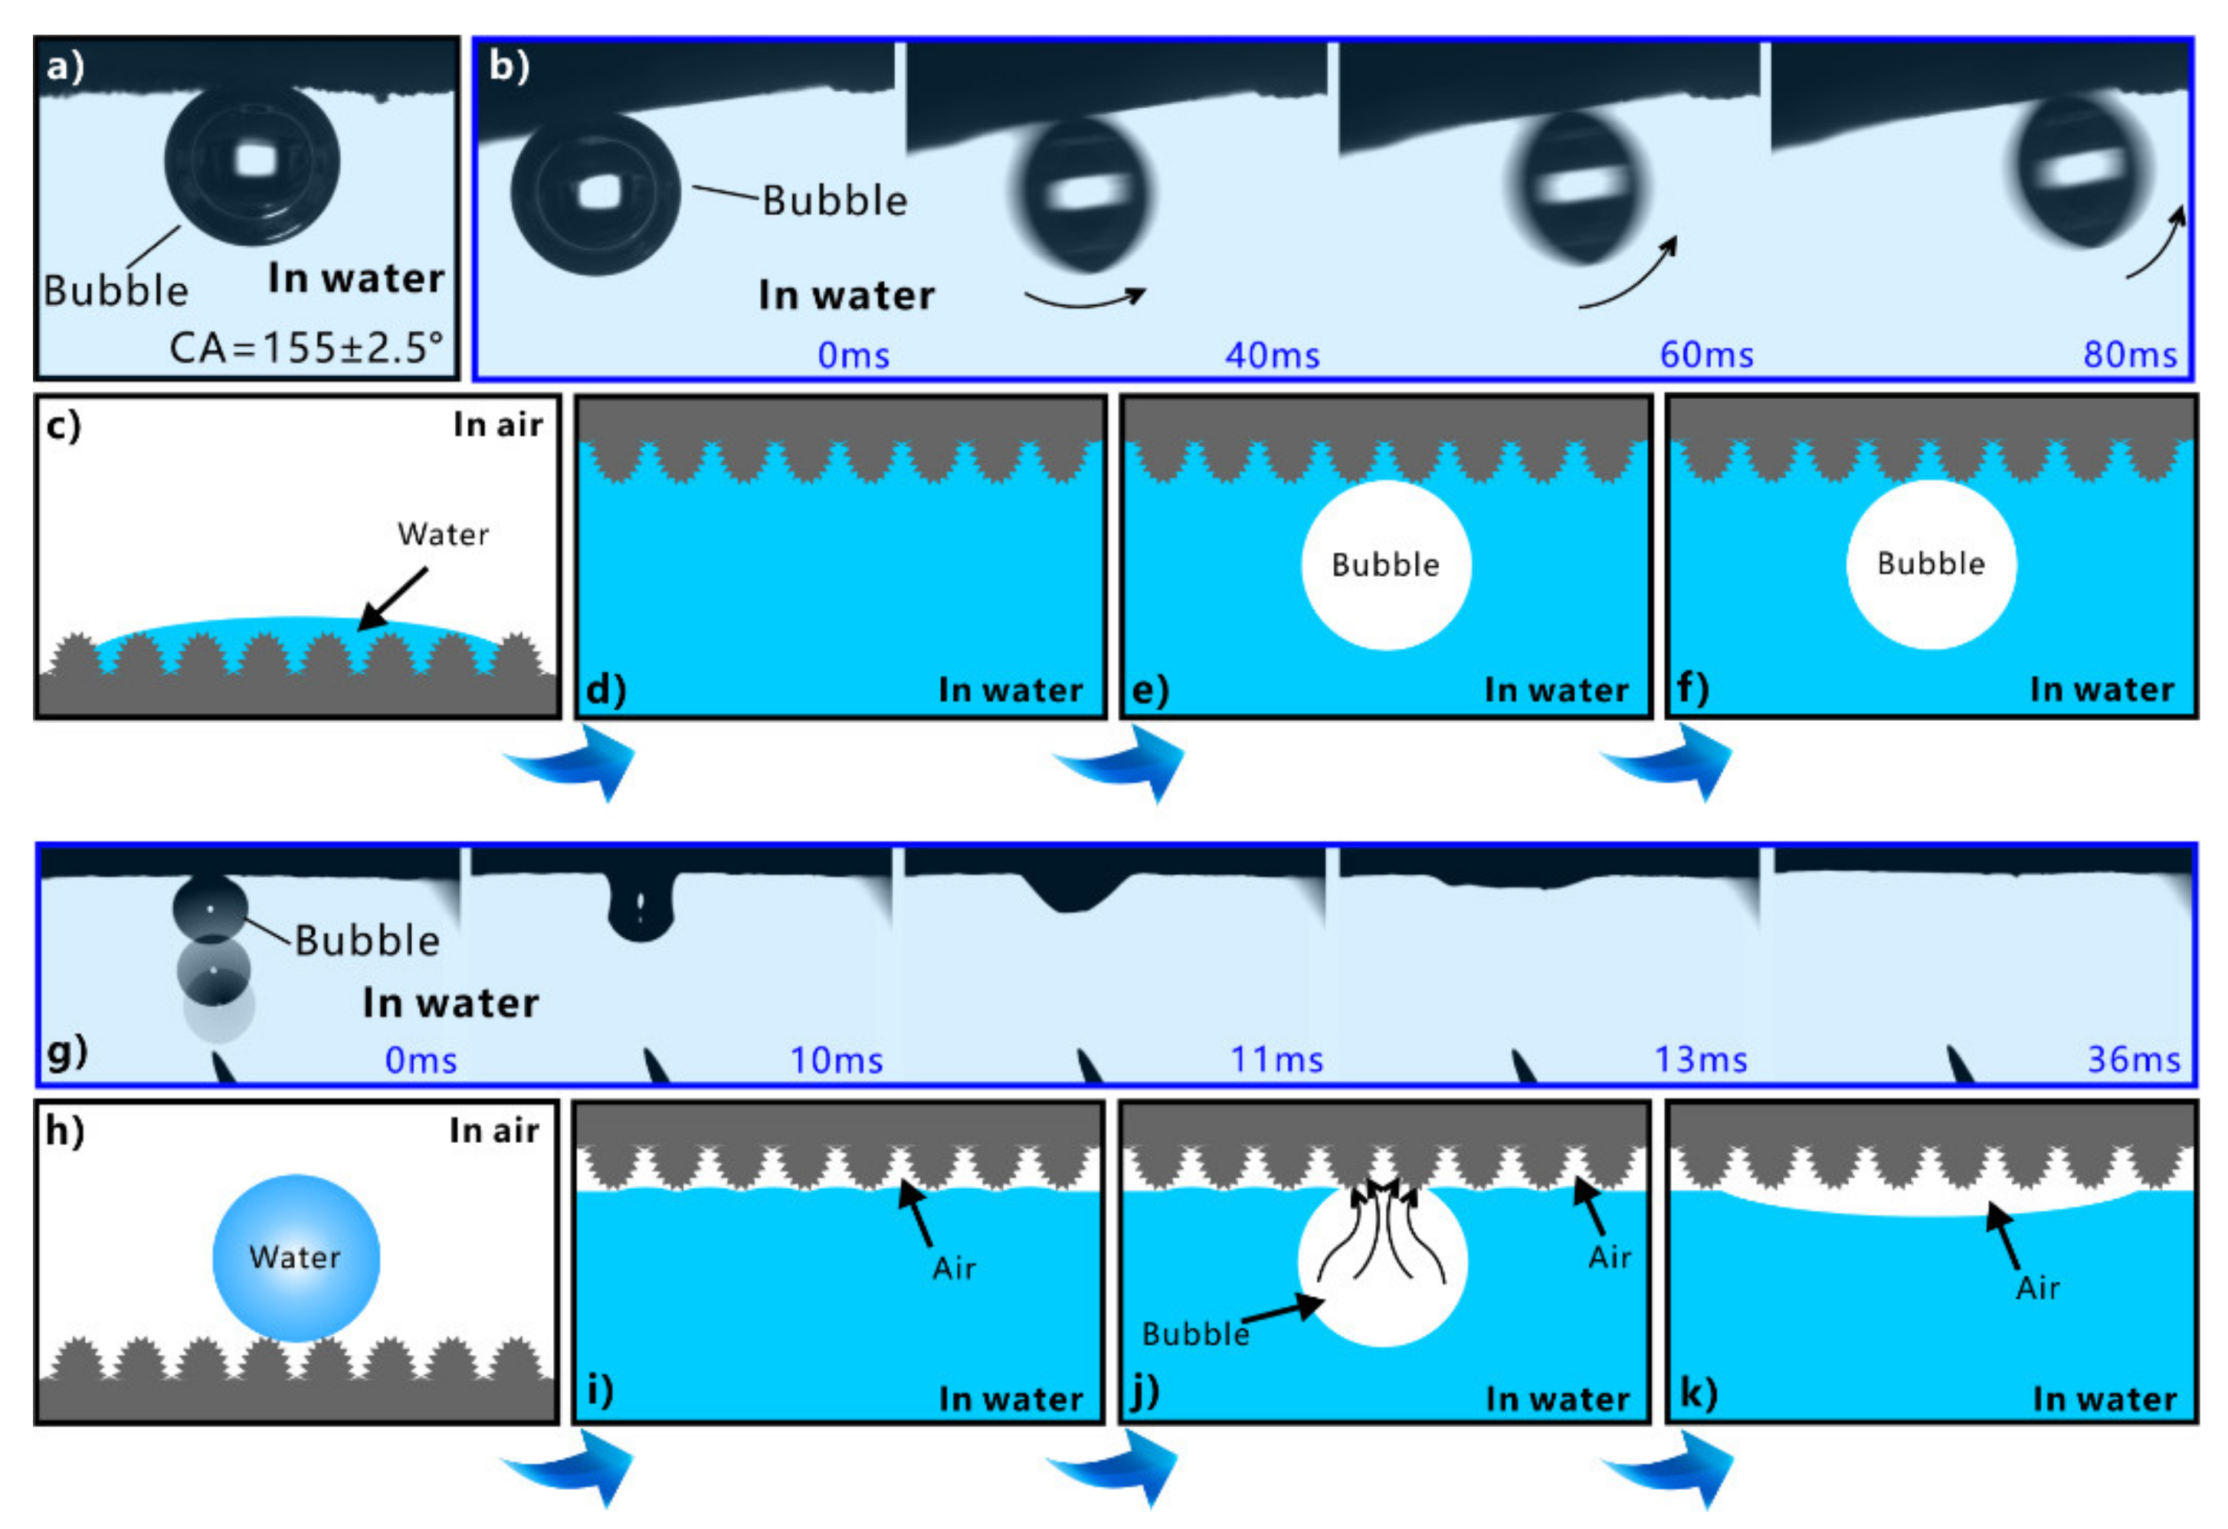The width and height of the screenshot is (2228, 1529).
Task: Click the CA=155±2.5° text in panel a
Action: pos(306,348)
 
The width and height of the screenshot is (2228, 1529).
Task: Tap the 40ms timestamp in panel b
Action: pos(1272,355)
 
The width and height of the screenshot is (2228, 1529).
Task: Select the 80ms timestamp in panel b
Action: pos(2130,355)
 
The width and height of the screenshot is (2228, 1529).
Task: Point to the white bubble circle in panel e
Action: pos(1385,565)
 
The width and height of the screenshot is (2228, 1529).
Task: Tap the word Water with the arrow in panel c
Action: pos(443,534)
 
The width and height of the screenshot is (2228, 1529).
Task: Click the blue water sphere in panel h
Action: pos(297,1258)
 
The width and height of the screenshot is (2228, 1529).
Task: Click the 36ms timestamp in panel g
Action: pos(2134,1060)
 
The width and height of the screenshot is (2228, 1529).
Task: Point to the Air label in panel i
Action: pos(954,1269)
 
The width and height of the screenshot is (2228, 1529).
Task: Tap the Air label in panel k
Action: pos(2037,1288)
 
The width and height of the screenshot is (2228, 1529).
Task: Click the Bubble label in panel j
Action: pos(1195,1334)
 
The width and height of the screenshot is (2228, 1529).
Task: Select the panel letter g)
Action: pos(67,1052)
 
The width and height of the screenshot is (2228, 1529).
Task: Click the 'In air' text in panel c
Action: pos(497,424)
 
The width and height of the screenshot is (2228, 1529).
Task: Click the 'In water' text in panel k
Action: pos(2105,1400)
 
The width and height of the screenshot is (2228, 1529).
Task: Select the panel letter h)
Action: pos(65,1131)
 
